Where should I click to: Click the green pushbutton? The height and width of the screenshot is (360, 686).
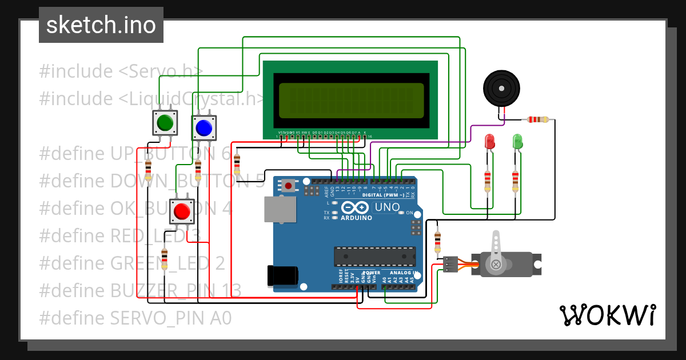[165, 122]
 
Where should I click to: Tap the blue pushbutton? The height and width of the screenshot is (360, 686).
[204, 127]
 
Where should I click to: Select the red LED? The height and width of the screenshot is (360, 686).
[489, 141]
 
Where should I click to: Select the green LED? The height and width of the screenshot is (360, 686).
[517, 141]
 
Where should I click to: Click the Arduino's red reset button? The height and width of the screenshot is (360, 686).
[289, 185]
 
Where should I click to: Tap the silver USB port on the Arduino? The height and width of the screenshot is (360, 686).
[280, 210]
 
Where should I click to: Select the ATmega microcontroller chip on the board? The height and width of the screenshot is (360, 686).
[374, 257]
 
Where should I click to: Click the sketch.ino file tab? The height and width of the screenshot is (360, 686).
[101, 25]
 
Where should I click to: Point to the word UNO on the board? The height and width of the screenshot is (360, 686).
[387, 207]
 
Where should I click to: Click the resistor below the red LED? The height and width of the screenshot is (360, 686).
[488, 181]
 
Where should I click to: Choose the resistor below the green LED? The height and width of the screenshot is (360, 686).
[516, 181]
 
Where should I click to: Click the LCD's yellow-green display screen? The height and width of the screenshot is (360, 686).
[351, 100]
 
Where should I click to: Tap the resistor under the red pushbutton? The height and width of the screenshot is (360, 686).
[165, 259]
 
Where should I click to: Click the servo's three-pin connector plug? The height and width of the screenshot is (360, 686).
[451, 264]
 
